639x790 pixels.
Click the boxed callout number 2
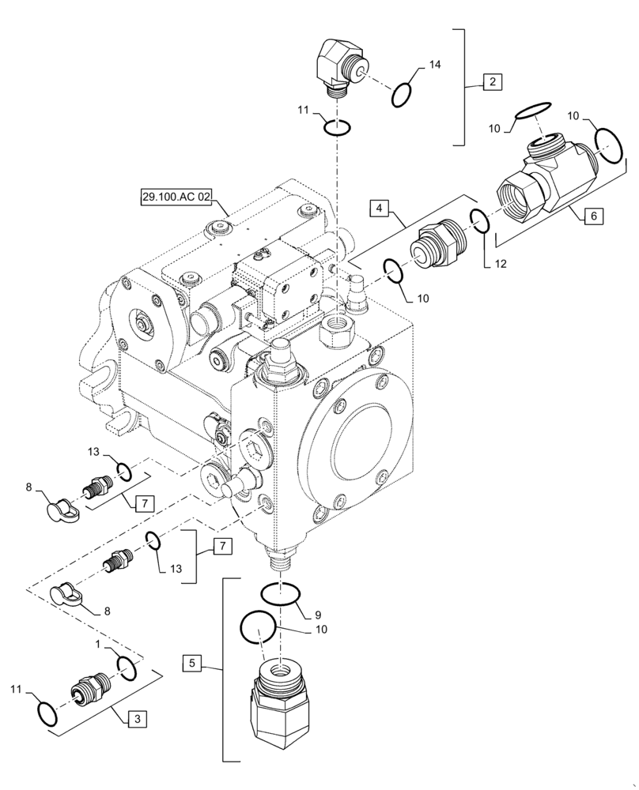point(492,81)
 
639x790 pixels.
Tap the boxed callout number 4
point(380,209)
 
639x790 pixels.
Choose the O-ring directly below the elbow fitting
point(338,126)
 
